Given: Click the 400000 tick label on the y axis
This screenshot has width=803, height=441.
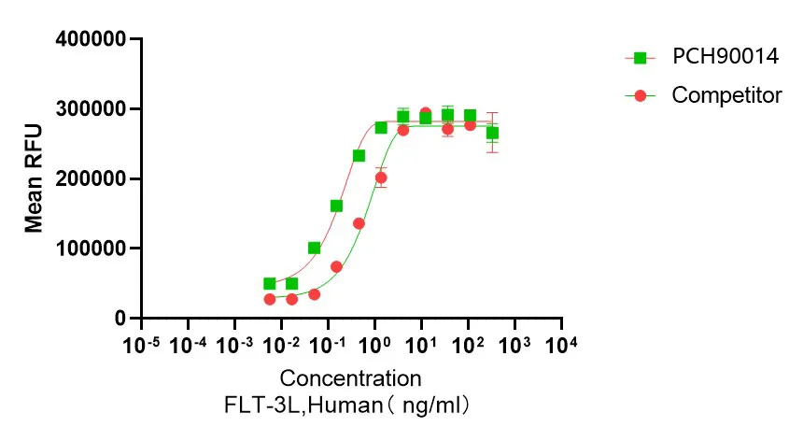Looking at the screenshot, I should click(91, 39).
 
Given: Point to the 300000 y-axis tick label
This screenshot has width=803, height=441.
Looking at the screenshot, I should click(91, 109).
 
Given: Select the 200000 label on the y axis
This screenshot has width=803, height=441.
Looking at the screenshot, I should click(91, 178).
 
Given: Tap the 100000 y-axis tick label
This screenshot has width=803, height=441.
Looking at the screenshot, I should click(91, 249).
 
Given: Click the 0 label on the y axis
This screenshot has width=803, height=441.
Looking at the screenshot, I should click(119, 319).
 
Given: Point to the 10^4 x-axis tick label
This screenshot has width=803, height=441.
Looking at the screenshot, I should click(561, 346).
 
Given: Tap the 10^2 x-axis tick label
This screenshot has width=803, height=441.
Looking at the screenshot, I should click(468, 346).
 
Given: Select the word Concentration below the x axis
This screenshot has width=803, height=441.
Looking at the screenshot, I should click(350, 378).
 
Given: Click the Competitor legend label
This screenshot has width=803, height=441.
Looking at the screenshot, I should click(726, 95).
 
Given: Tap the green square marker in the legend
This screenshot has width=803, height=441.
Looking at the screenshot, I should click(641, 58).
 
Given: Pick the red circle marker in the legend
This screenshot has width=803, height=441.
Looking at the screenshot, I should click(641, 95).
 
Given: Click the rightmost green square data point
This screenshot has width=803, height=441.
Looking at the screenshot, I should click(492, 133).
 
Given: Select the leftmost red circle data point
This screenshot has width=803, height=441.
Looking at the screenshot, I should click(270, 299).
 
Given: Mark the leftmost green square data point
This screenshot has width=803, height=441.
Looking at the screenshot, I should click(270, 283).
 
